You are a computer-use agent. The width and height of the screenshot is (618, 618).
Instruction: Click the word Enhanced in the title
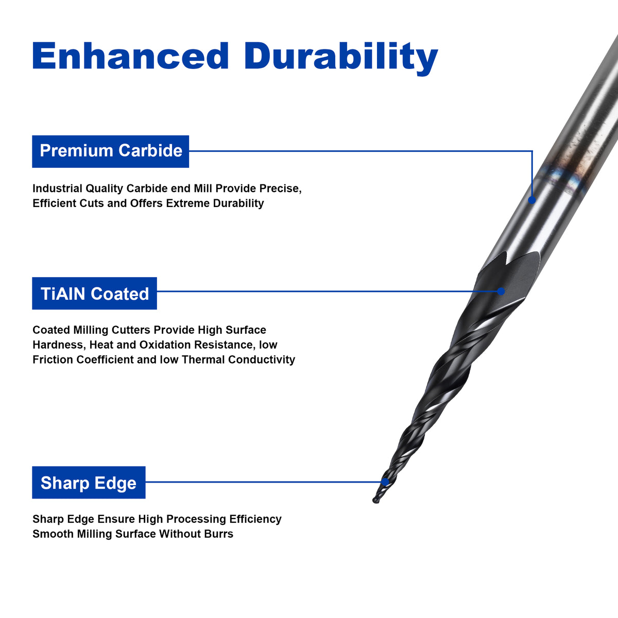[x=130, y=56]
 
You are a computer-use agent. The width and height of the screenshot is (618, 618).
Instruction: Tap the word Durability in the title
[x=341, y=58]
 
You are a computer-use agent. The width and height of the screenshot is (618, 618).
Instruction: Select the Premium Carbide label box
[x=110, y=151]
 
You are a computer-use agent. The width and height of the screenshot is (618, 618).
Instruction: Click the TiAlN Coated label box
[x=94, y=293]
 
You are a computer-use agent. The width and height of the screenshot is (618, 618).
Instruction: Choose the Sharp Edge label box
[x=89, y=483]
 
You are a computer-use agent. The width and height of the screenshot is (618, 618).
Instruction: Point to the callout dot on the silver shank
[x=531, y=200]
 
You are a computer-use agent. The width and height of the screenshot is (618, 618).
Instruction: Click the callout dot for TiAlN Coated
[x=501, y=291]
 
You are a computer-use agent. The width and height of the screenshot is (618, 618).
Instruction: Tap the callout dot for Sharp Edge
[x=385, y=482]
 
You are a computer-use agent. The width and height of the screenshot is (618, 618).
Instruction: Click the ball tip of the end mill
[x=376, y=500]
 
